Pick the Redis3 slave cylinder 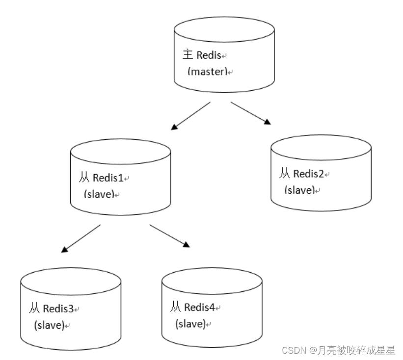click(x=71, y=309)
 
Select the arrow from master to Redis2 click(x=251, y=113)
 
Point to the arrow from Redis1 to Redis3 click(x=81, y=239)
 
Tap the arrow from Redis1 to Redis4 click(x=170, y=236)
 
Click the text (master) click(x=208, y=72)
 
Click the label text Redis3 click(x=58, y=309)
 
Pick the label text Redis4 click(x=199, y=308)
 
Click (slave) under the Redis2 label click(x=299, y=190)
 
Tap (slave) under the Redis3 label click(x=49, y=325)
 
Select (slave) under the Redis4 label click(x=190, y=324)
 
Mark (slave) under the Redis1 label click(x=99, y=194)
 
